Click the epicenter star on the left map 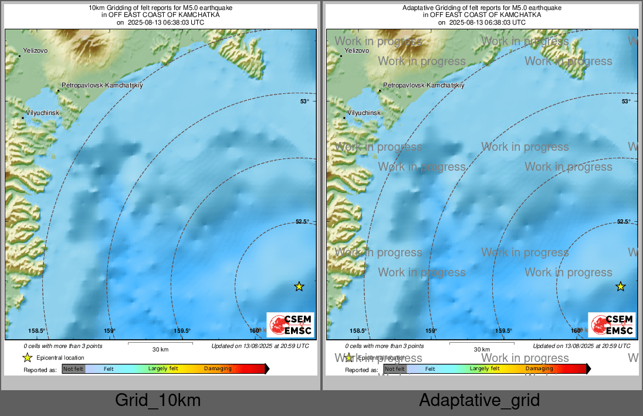299,286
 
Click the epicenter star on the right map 621,286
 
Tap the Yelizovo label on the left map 35,51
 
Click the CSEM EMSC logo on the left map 290,325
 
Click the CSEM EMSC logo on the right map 612,325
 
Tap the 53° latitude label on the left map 304,102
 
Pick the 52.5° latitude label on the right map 624,222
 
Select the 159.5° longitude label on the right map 504,331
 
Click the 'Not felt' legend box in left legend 73,369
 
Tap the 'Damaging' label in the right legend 539,369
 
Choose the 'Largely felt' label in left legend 163,369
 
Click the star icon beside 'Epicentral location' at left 27,358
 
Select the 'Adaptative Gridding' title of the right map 482,8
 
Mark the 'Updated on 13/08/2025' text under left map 260,346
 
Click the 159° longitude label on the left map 110,331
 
